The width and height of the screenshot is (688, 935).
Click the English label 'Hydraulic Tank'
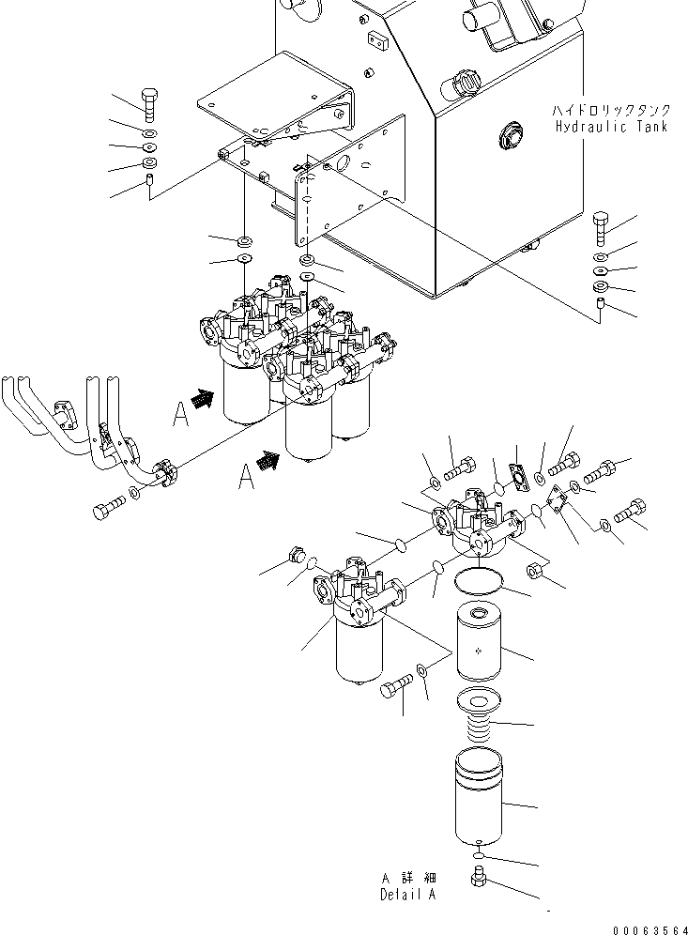pos(610,126)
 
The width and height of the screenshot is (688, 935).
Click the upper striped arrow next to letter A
pos(202,400)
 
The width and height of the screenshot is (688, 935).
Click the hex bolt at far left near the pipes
pos(105,511)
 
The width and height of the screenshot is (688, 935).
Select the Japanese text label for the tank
pos(610,111)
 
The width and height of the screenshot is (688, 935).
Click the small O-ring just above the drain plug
pos(479,856)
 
